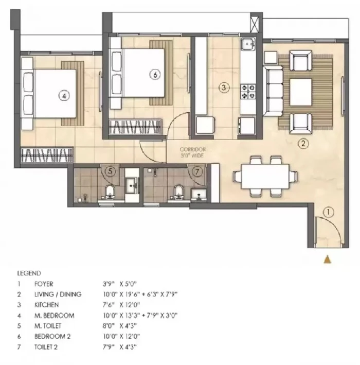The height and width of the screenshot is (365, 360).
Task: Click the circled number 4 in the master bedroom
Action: [x=64, y=96]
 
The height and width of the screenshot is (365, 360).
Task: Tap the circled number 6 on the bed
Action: [x=155, y=75]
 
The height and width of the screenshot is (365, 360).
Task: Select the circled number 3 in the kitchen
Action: [x=224, y=88]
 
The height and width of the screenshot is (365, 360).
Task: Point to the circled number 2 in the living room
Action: [x=303, y=144]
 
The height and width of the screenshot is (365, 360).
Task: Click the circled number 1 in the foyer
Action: [x=328, y=212]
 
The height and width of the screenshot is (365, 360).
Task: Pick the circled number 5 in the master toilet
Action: [x=110, y=171]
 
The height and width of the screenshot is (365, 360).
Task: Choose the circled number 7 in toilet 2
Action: [x=197, y=171]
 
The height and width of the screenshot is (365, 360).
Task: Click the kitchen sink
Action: [x=248, y=44]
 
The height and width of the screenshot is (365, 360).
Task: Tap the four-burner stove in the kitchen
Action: [x=248, y=92]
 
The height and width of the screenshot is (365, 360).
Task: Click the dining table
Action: [x=265, y=177]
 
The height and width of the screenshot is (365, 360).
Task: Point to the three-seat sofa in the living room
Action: [x=273, y=91]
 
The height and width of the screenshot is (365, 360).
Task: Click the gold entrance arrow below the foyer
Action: [x=328, y=259]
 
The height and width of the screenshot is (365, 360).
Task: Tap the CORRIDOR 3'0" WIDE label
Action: [x=192, y=152]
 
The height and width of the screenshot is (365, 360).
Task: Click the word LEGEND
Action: [x=29, y=273]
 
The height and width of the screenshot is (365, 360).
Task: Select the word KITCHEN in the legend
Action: [x=46, y=305]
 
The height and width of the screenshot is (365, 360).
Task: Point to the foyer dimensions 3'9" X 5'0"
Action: [x=119, y=284]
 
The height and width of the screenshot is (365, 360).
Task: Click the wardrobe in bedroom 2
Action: [x=135, y=127]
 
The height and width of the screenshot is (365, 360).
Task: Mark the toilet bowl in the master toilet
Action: [x=110, y=192]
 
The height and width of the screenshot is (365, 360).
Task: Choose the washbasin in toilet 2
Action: [x=199, y=195]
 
